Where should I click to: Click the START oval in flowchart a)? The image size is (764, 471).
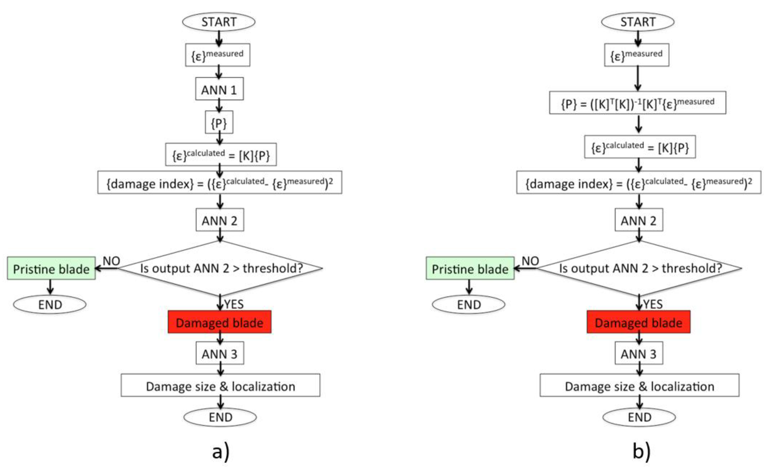[218, 22]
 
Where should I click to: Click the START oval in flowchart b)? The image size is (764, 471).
[637, 22]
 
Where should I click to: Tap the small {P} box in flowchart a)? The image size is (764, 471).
[219, 122]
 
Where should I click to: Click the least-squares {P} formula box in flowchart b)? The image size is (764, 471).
[637, 103]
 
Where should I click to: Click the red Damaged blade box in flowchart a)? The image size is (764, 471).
[219, 322]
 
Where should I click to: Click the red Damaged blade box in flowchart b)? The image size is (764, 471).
[638, 322]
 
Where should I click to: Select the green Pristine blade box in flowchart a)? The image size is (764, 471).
[51, 268]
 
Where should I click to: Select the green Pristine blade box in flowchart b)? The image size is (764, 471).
[470, 268]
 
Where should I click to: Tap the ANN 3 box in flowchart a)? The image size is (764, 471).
[220, 353]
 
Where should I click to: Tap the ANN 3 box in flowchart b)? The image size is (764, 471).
[639, 353]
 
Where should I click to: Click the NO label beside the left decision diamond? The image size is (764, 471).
[111, 261]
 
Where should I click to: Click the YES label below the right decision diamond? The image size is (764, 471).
[653, 304]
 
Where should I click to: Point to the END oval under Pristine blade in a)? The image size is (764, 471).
[50, 304]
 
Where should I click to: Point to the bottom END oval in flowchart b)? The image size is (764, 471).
[639, 417]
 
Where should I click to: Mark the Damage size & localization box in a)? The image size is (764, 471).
[220, 386]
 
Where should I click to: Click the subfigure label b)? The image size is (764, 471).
[641, 451]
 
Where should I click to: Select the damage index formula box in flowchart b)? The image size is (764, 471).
[639, 182]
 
